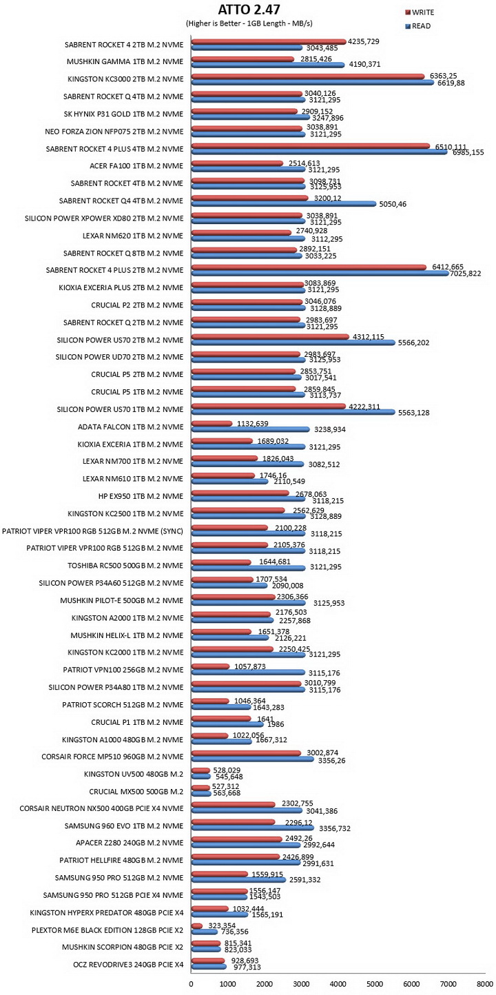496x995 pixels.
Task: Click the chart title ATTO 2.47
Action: tap(249, 10)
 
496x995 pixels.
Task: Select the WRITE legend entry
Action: tap(419, 12)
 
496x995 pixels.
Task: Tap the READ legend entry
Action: tap(417, 25)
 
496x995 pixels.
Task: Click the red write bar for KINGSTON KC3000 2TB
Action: tap(308, 76)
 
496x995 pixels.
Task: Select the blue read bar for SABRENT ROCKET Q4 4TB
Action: tap(284, 204)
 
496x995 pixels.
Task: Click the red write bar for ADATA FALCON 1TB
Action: tap(211, 424)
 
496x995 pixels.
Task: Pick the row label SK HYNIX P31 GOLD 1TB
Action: tap(123, 114)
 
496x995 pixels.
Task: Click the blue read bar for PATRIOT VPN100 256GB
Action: tap(248, 672)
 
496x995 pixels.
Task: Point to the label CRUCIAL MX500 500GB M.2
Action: tap(136, 792)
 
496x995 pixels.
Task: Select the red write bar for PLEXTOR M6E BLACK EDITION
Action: tap(197, 925)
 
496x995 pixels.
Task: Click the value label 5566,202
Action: tap(413, 343)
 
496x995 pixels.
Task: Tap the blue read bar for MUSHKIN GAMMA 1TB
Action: tap(268, 65)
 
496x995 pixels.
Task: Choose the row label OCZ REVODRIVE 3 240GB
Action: tap(128, 965)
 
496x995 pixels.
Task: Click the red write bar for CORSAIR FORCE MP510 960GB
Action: tap(247, 753)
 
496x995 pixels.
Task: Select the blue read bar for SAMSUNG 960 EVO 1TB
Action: tap(253, 828)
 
